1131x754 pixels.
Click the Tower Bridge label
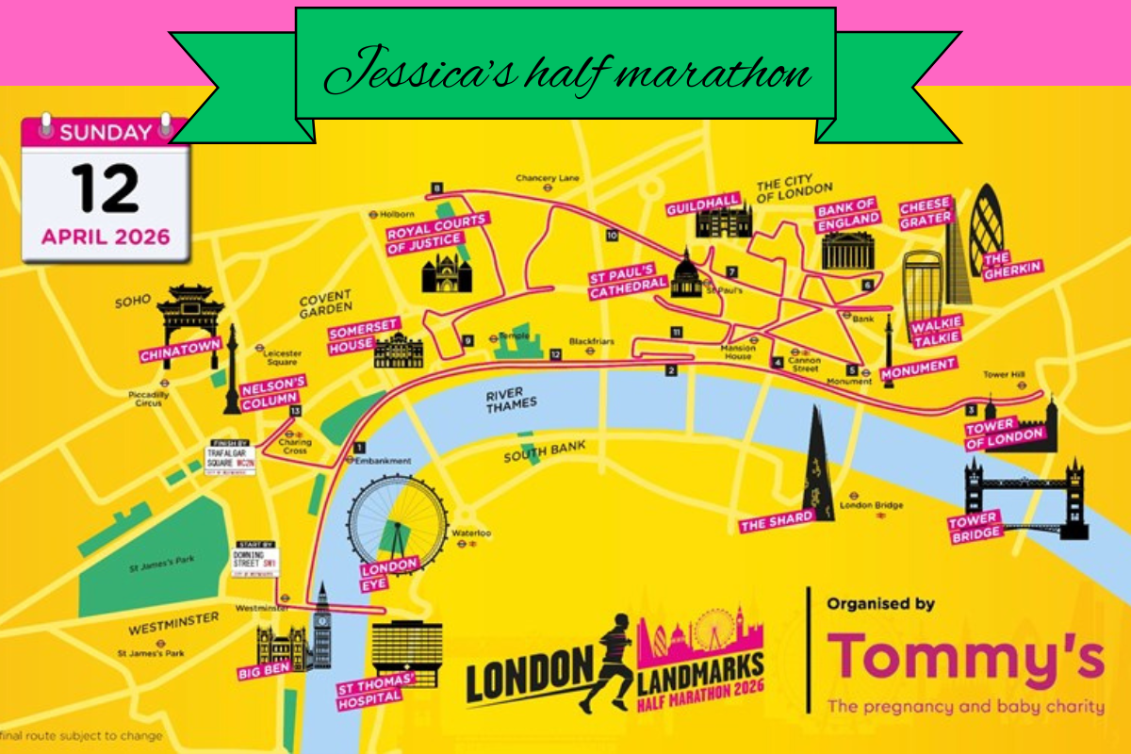tap(974, 526)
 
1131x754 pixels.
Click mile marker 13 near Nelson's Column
tap(296, 411)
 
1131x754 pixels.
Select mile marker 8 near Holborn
tap(436, 188)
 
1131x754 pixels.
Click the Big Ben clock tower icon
tap(321, 627)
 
